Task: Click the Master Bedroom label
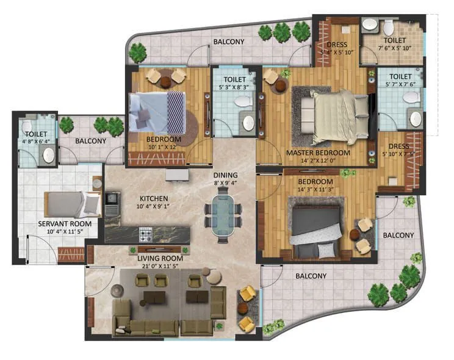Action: [318, 153]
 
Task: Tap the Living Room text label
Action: [159, 259]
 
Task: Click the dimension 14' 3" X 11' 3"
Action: [315, 190]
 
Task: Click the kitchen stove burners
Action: [146, 233]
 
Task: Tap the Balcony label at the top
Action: [229, 42]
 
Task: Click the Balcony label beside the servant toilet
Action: [91, 141]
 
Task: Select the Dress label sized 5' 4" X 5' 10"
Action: [337, 49]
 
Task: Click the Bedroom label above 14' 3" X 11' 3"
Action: [315, 182]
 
